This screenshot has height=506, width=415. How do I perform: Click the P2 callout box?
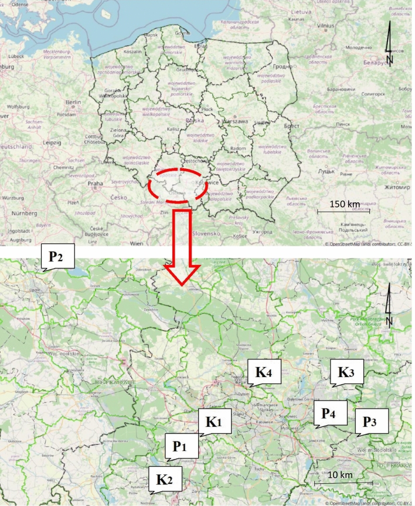pos(58,256)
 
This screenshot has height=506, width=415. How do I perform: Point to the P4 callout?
pos(329,413)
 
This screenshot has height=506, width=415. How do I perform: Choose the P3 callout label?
pos(372,420)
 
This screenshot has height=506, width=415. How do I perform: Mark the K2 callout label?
pos(165,478)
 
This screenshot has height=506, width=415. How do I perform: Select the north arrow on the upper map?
pos(389,46)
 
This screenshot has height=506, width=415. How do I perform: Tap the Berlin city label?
pos(73,102)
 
